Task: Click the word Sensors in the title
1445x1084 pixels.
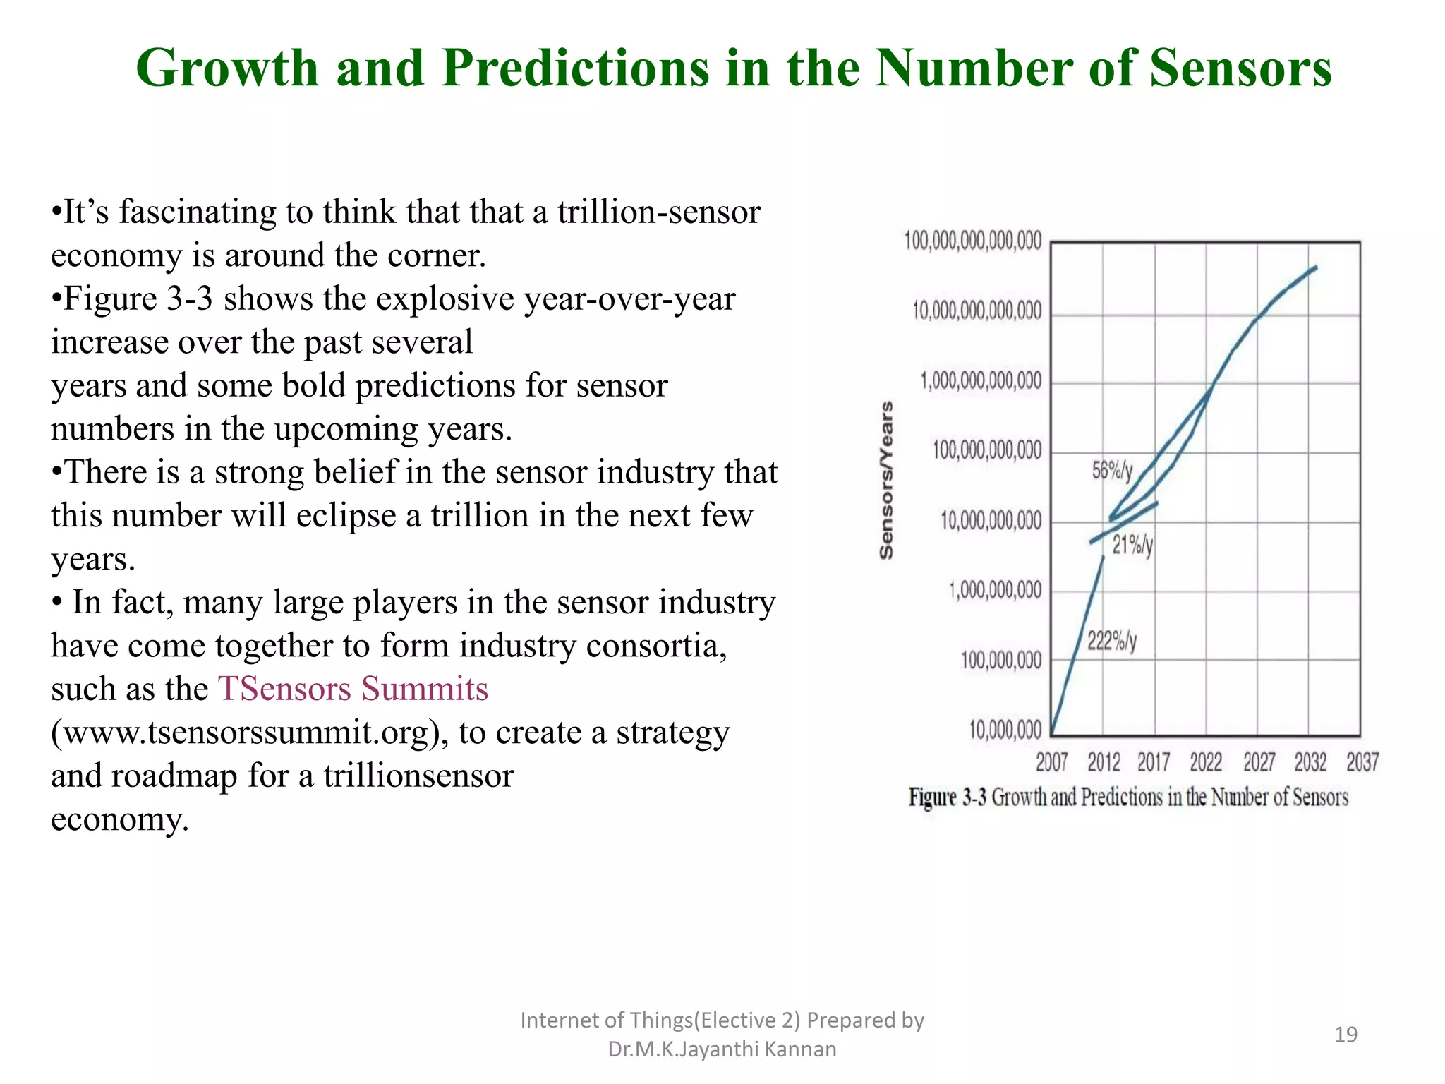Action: point(1240,68)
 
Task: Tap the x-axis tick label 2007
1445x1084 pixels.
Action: point(1051,762)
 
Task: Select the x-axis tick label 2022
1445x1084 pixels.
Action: point(1206,762)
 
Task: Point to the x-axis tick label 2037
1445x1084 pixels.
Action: point(1362,762)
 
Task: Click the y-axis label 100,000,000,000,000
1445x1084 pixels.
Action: point(972,241)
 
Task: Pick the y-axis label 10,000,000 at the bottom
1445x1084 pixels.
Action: point(1005,730)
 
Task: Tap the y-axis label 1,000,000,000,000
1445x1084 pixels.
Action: point(980,381)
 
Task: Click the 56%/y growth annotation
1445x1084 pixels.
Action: point(1112,471)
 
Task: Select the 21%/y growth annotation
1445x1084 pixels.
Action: point(1132,545)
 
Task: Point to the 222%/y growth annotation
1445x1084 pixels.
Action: point(1111,641)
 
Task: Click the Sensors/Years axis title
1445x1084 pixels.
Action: point(887,481)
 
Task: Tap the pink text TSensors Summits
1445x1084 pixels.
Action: point(353,689)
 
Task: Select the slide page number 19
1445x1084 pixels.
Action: point(1346,1035)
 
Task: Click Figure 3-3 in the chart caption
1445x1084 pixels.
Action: point(947,797)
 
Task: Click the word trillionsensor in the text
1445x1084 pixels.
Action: point(418,776)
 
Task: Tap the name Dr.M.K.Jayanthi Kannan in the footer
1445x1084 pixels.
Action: point(722,1049)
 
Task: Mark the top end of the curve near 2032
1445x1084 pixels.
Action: point(1316,267)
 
